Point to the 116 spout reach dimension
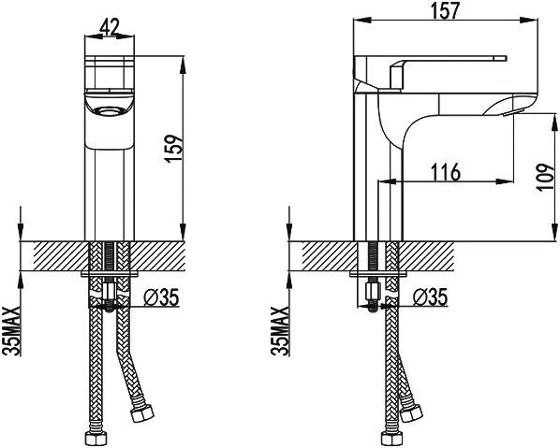(x=445, y=171)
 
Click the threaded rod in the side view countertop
(x=373, y=258)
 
